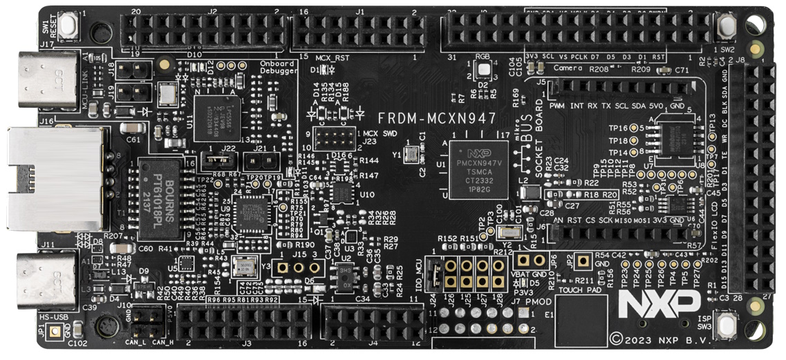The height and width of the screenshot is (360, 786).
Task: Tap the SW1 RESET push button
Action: [68, 26]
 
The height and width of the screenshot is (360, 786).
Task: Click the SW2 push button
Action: [726, 27]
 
